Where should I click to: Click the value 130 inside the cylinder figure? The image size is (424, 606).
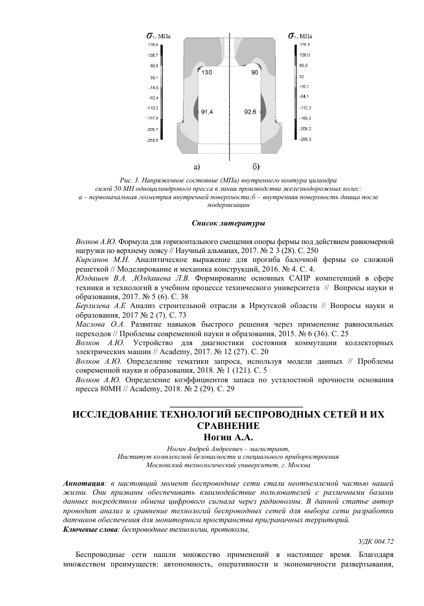point(206,72)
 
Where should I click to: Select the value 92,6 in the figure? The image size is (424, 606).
point(251,111)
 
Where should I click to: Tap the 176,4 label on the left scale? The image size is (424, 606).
point(153,44)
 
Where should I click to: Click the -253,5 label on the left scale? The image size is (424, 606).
point(152,141)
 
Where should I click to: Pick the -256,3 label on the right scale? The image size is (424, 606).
point(304,139)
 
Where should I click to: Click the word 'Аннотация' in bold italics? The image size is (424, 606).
point(83,483)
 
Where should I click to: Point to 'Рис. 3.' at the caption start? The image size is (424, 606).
point(130,179)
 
